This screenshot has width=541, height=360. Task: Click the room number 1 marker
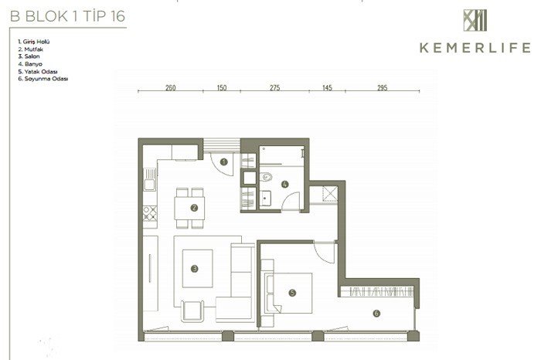(x=223, y=161)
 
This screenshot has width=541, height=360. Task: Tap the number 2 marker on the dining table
(x=194, y=208)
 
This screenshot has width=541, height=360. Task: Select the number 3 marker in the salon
(x=194, y=269)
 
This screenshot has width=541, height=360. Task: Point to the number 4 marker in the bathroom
(x=284, y=184)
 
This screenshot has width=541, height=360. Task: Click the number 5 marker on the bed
(x=292, y=293)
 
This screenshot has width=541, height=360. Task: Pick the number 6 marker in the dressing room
(x=376, y=313)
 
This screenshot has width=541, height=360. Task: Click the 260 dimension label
(x=171, y=87)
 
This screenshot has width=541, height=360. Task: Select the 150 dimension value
(x=222, y=87)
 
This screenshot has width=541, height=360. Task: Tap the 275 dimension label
(x=274, y=87)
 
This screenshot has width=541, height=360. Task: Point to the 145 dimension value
(x=327, y=87)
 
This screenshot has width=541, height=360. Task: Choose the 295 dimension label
(x=383, y=87)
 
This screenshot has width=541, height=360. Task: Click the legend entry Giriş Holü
(x=34, y=42)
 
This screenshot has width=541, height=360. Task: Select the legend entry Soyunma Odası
(x=43, y=79)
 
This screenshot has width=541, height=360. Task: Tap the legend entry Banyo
(x=30, y=64)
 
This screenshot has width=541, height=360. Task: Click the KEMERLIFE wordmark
(x=475, y=48)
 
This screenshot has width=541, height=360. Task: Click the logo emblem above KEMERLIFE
(x=475, y=20)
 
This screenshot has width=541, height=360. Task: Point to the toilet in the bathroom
(x=266, y=177)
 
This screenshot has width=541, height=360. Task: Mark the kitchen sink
(x=149, y=179)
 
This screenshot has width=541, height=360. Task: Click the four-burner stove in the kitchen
(x=150, y=213)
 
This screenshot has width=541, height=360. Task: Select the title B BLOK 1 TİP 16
(x=68, y=16)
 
